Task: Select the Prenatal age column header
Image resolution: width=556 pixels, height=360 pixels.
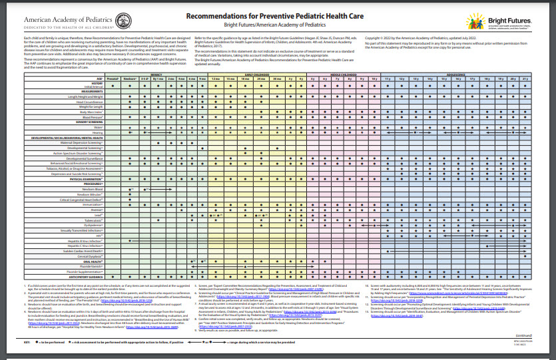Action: click(x=113, y=79)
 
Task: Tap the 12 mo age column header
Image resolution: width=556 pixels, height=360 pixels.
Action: click(x=214, y=79)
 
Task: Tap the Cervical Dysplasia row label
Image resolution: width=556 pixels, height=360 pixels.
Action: click(x=91, y=256)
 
